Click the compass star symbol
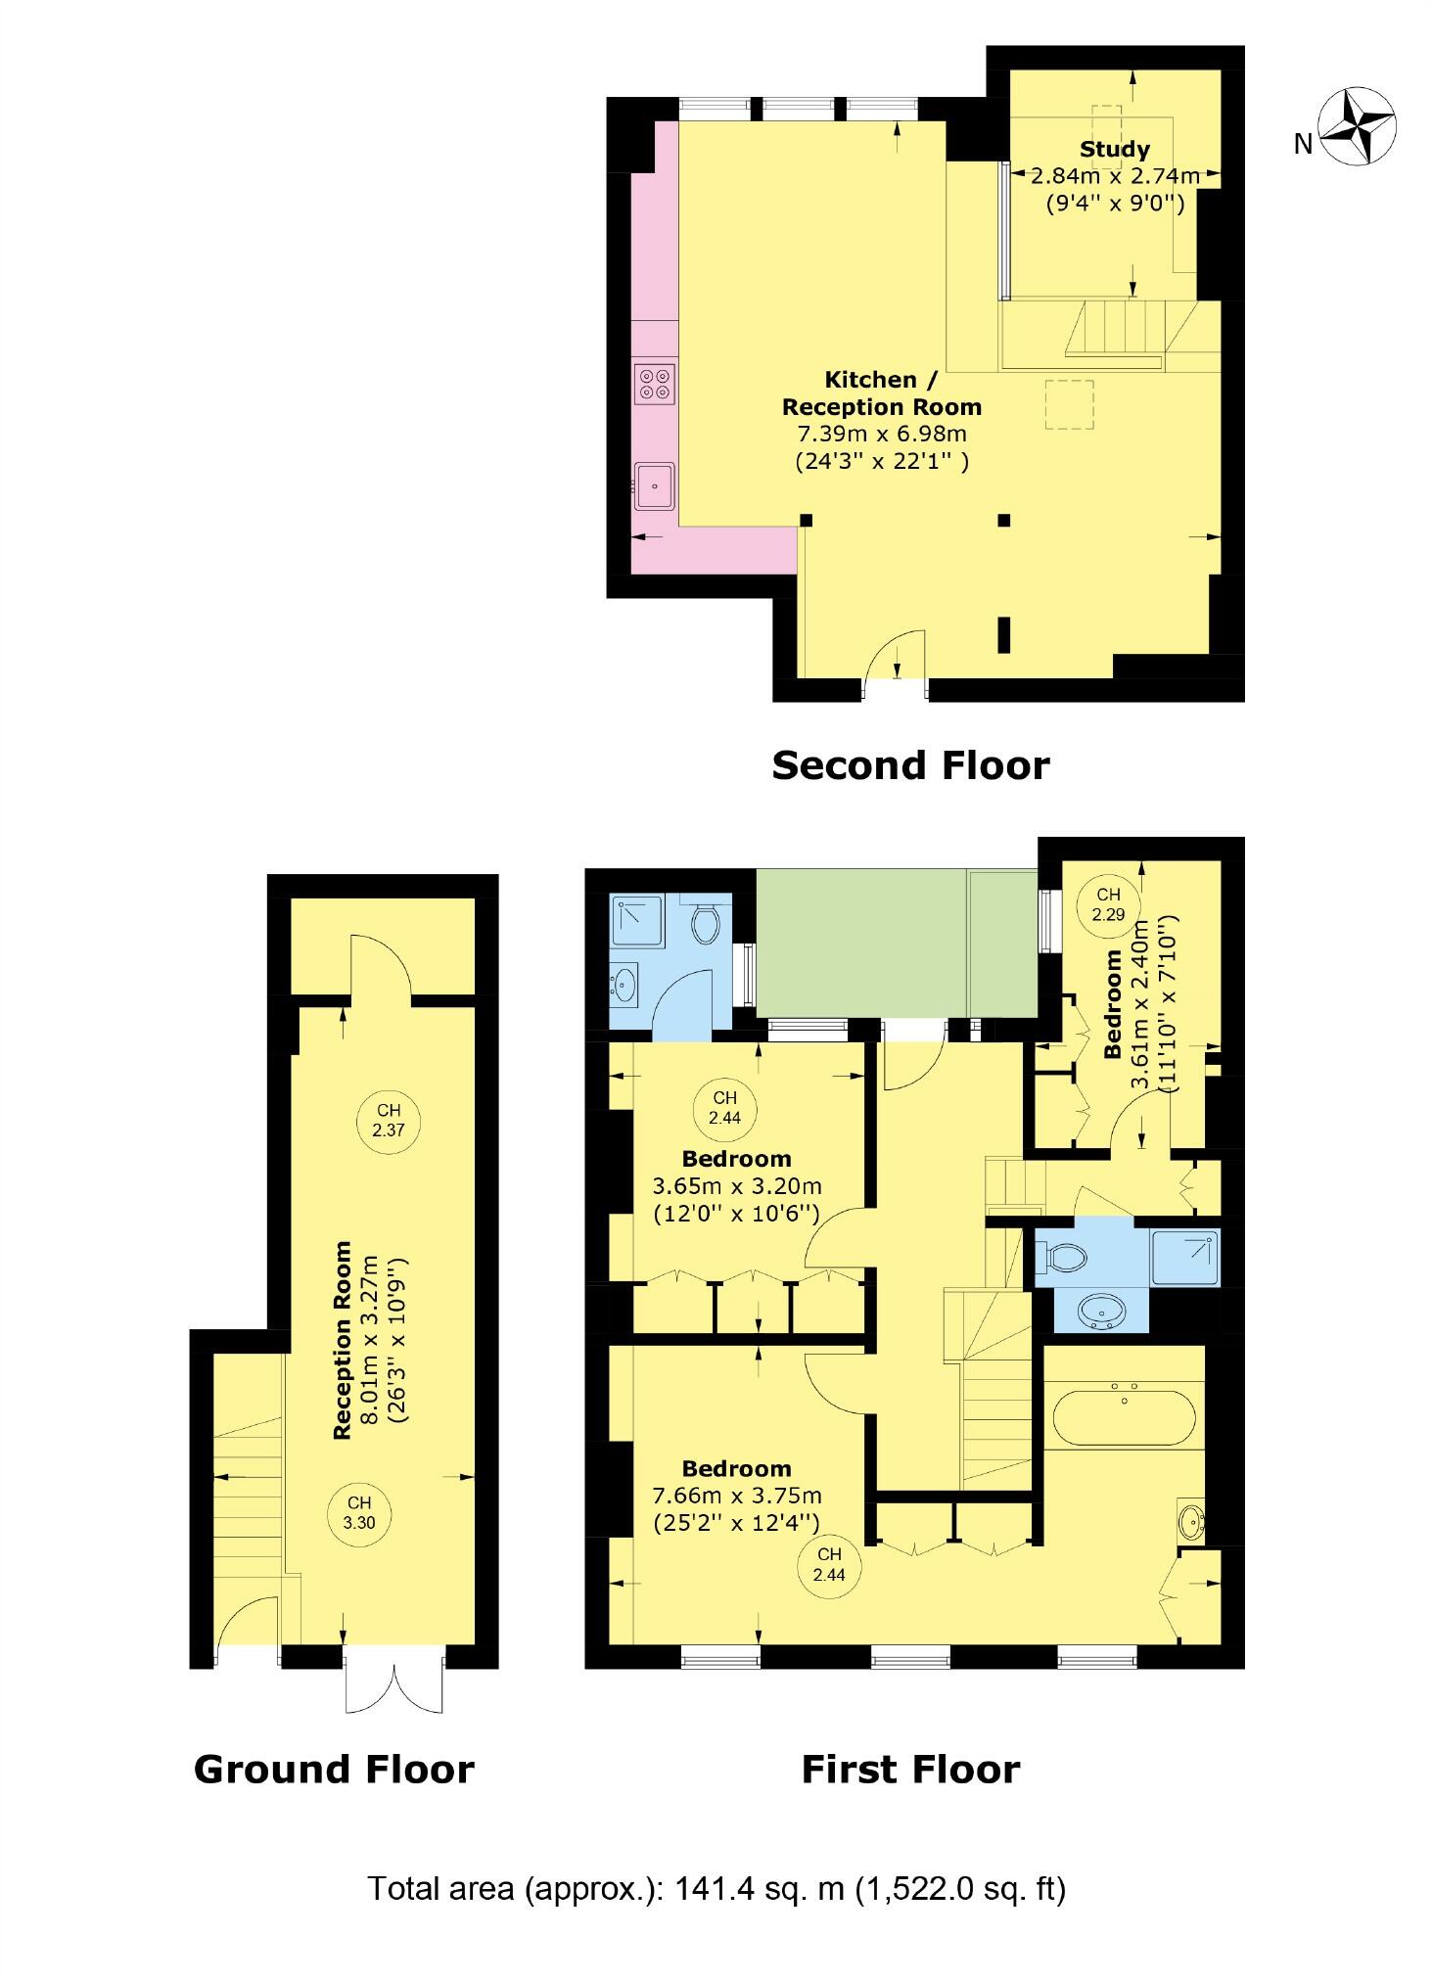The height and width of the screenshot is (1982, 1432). pos(1356,125)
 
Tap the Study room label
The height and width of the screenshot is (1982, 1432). pos(1114,150)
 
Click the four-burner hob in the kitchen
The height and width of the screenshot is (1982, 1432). pos(655,383)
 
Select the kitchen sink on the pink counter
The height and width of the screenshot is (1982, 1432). pos(654,485)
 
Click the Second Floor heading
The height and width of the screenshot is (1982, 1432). pos(910,765)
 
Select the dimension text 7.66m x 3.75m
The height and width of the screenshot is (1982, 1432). pos(736,1496)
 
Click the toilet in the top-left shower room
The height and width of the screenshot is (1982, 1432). pos(705,922)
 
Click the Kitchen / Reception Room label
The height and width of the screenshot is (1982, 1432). pos(881,392)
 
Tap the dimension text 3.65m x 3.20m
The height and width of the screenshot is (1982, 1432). pos(736,1186)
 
